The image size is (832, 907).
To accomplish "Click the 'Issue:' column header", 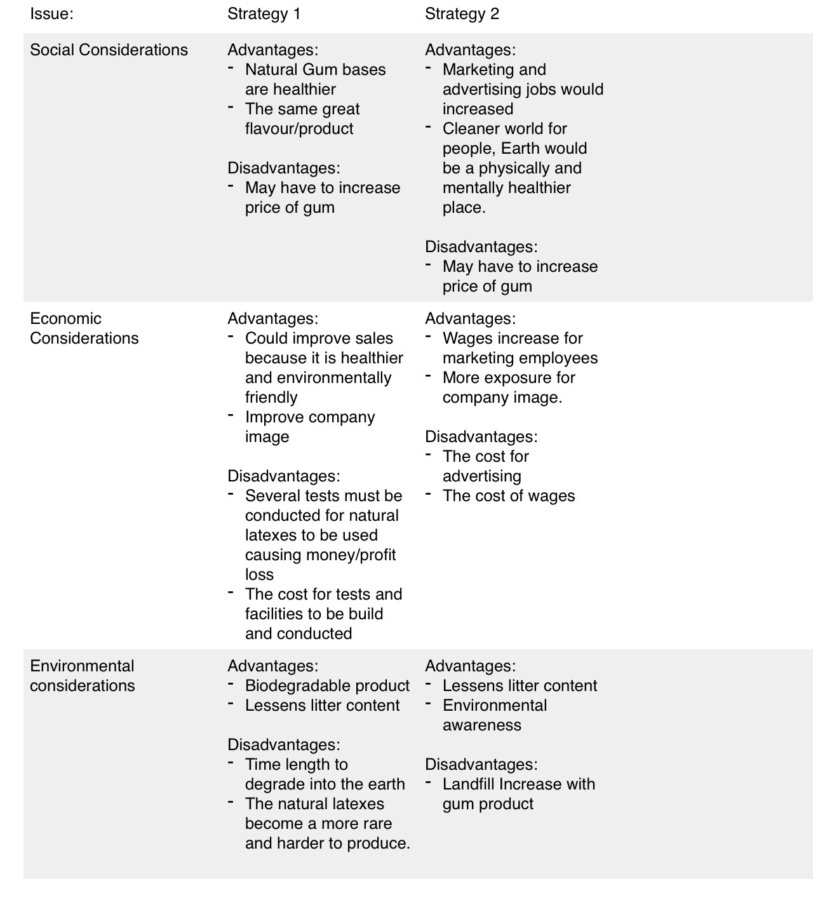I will coord(51,14).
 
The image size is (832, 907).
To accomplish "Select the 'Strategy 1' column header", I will coord(264,14).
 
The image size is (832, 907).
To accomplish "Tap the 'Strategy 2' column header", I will coord(462,14).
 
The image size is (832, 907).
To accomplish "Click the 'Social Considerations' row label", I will coord(109,50).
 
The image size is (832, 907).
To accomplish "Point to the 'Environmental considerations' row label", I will coord(83,676).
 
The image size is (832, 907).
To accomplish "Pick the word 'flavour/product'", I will coord(299,129).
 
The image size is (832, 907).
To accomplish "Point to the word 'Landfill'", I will coord(469,784).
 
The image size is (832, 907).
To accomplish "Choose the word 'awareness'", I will coord(481,725).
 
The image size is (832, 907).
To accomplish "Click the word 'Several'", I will coord(269,496).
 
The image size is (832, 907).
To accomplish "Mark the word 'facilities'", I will coord(274,614).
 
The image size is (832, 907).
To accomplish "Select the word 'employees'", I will coord(558,358).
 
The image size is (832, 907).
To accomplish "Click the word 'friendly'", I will coord(271,398).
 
